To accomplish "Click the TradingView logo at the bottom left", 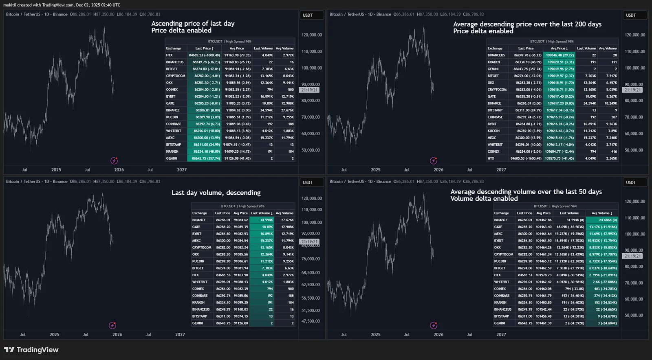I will (31, 350).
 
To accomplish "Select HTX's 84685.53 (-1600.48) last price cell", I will (204, 55).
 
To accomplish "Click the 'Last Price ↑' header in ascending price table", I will (204, 48).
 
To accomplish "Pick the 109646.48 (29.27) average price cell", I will (560, 55).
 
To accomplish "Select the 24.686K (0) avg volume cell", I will (602, 220).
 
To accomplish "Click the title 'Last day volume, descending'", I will (216, 193).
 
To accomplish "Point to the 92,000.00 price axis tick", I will (311, 234).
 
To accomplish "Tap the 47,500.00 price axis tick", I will (311, 321).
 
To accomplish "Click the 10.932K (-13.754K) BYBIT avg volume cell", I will (602, 241).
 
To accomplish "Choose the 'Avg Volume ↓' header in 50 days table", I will (602, 213).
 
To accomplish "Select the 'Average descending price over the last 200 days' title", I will (527, 24).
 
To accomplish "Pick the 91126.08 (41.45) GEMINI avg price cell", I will (237, 158).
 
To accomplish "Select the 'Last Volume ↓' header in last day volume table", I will (262, 213).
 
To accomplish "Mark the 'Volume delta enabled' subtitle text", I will (484, 199).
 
